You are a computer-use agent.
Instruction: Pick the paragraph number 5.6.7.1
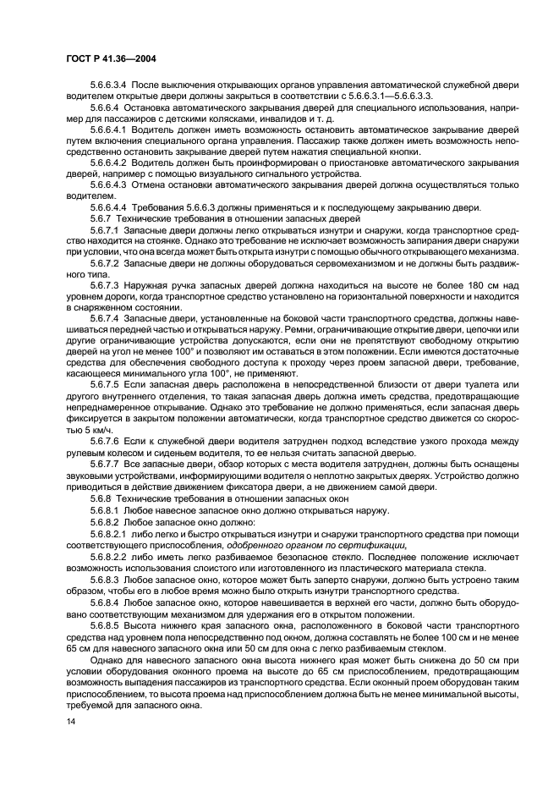[106, 230]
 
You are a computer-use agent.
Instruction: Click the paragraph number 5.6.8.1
[106, 509]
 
